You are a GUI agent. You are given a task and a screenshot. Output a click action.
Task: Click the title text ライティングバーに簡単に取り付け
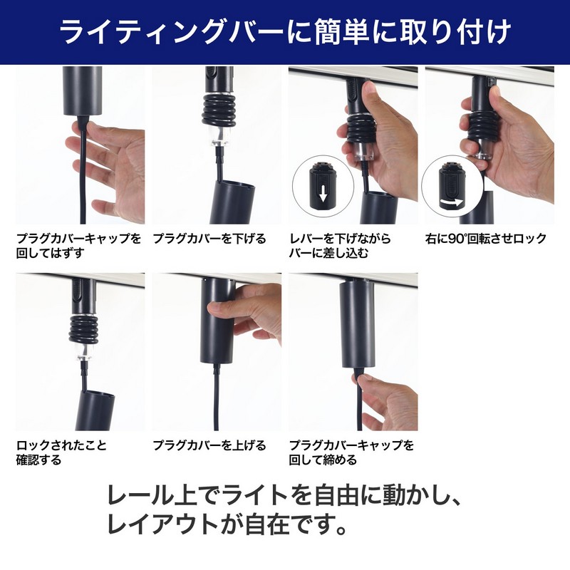point(285,32)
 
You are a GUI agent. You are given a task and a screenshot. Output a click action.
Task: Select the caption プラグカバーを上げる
point(209,445)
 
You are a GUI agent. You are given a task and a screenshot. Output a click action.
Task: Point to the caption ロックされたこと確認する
point(61,452)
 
